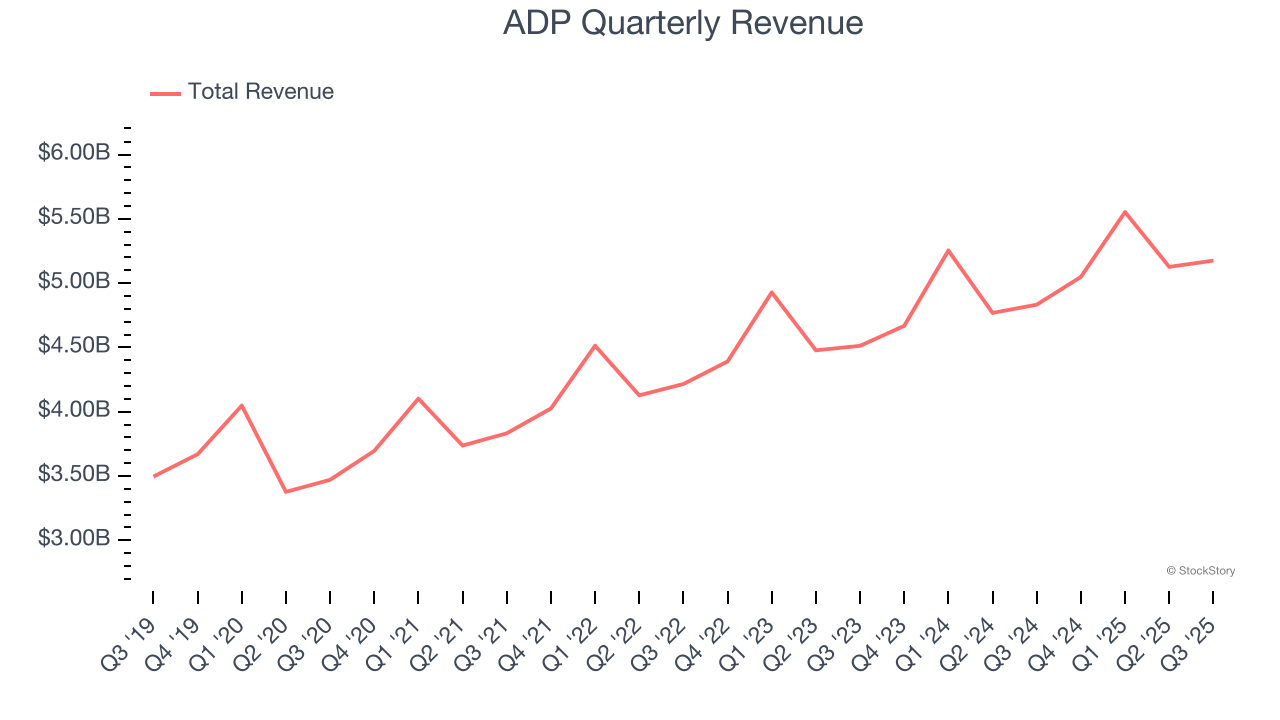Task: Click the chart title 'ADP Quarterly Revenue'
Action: click(x=683, y=23)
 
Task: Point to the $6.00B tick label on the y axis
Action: click(x=74, y=154)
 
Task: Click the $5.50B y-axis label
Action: click(x=74, y=218)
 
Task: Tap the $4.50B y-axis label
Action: click(x=74, y=346)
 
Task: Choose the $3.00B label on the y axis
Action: click(x=74, y=539)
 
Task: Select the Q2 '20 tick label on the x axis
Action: click(x=263, y=639)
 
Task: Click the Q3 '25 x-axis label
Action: click(x=1191, y=639)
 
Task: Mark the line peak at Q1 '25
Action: click(x=1125, y=212)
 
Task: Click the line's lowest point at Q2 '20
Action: click(x=286, y=492)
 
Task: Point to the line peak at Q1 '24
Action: click(x=948, y=250)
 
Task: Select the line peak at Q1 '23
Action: click(x=771, y=292)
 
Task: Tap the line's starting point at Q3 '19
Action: click(x=153, y=476)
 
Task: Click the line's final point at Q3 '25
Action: click(x=1213, y=260)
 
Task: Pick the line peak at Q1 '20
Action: click(x=241, y=405)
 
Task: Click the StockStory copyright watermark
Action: click(x=1200, y=571)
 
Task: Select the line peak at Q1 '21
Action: click(x=418, y=398)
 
